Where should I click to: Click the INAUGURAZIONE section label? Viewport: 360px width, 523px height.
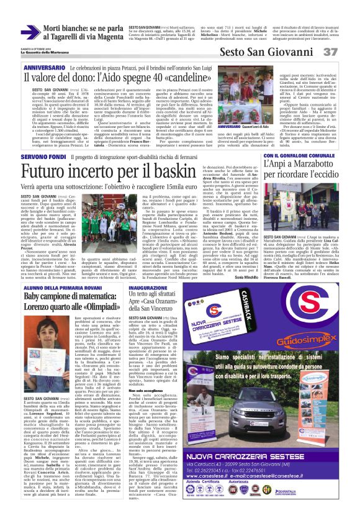(147, 289)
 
